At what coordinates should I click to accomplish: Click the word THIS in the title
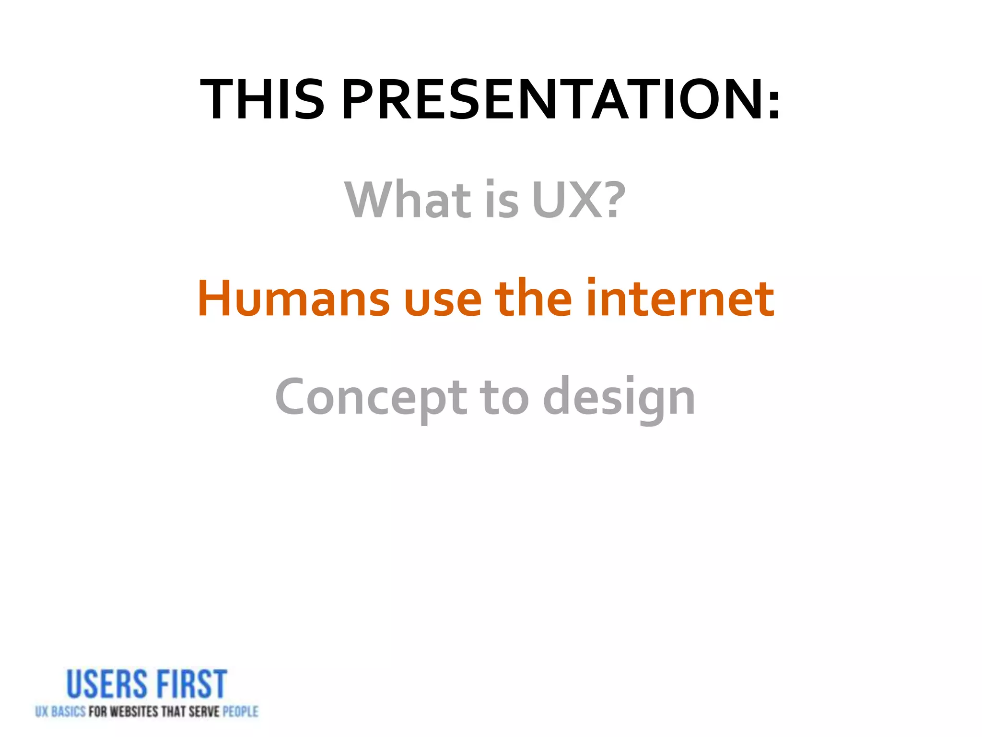[262, 100]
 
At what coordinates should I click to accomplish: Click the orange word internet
[680, 298]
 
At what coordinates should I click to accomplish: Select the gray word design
[619, 398]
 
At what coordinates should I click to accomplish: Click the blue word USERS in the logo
[106, 685]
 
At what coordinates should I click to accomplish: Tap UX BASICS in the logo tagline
[60, 712]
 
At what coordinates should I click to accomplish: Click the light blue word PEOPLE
[240, 712]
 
